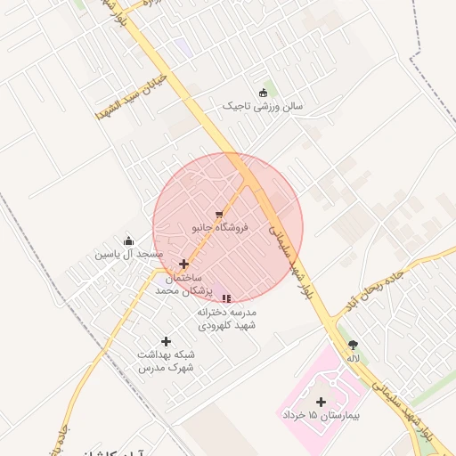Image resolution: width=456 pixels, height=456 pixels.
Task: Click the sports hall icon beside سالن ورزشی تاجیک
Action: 263,93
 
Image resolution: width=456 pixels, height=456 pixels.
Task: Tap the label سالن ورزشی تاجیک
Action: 263,107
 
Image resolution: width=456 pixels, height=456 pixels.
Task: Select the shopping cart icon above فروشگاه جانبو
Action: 219,214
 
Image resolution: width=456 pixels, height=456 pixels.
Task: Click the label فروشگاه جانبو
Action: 220,228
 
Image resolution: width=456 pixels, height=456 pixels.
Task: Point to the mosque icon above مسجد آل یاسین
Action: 129,240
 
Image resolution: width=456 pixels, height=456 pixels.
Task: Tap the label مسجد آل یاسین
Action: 129,255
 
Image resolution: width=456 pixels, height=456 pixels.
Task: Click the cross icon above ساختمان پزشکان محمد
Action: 184,264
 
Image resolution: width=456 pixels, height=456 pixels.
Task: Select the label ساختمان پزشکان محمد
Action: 184,284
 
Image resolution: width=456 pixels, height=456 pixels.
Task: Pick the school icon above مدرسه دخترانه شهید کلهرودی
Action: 226,298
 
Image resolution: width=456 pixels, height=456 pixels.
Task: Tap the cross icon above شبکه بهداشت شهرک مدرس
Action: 166,341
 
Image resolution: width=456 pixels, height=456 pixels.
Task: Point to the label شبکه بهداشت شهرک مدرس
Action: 166,361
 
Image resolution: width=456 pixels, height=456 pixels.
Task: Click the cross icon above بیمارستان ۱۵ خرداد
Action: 321,402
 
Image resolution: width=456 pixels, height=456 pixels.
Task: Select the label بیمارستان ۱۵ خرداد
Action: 318,416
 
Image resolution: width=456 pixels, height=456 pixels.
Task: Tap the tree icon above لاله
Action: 353,345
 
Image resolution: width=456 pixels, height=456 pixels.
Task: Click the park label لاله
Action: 354,358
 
